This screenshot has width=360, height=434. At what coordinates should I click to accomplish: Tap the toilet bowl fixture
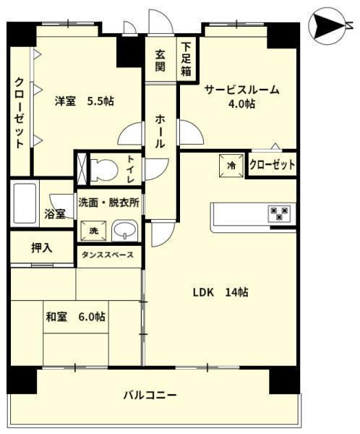tap(104, 169)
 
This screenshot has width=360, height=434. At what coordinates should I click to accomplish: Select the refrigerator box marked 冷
tap(231, 165)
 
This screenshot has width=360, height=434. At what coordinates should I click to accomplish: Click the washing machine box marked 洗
tap(93, 231)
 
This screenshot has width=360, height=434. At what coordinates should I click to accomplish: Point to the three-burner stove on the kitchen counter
tap(279, 213)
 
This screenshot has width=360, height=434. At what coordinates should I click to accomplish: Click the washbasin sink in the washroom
tap(125, 230)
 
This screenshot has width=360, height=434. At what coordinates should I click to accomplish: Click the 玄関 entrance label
tap(160, 61)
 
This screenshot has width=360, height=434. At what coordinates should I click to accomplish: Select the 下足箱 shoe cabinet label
tap(187, 59)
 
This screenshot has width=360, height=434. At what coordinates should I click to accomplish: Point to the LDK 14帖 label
tap(220, 292)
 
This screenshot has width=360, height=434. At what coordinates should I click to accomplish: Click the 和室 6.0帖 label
tap(75, 317)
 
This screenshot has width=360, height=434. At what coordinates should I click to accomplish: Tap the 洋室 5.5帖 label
tap(85, 101)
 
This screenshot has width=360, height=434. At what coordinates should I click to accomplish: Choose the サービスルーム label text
tap(241, 90)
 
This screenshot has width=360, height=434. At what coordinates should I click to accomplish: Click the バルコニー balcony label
tap(150, 395)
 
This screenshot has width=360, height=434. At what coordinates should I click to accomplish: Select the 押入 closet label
tap(41, 247)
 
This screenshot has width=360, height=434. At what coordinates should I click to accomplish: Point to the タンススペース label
tap(108, 255)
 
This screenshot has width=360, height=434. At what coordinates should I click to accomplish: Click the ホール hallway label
tap(160, 131)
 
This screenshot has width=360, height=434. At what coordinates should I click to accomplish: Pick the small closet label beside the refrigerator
tap(273, 165)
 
